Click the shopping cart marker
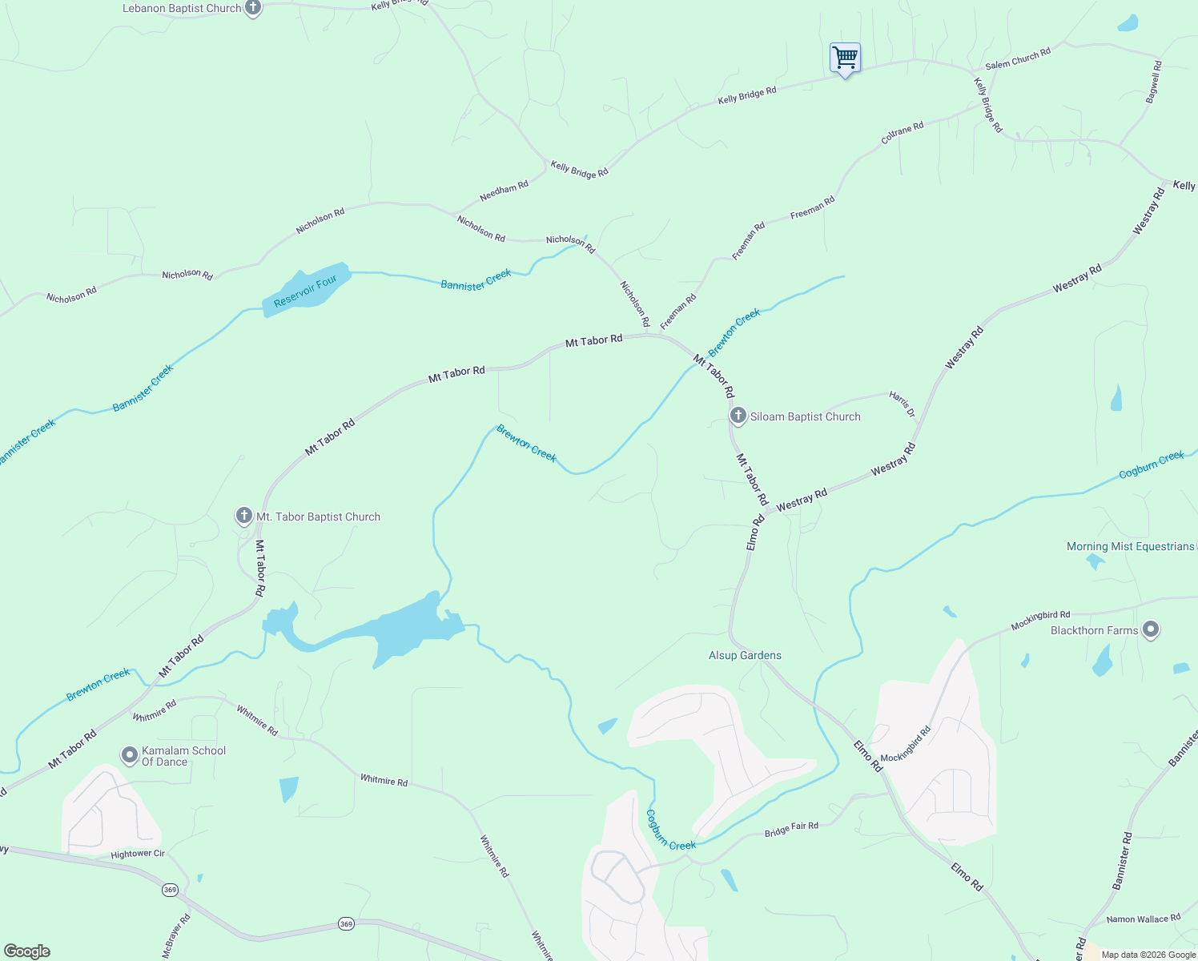tap(845, 58)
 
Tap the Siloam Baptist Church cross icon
tap(738, 416)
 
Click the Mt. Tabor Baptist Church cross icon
tap(244, 516)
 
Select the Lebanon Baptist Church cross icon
tap(253, 8)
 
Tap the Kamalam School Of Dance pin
tap(130, 755)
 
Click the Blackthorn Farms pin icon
tap(1151, 629)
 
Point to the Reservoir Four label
tap(305, 291)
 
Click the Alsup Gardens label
tap(745, 655)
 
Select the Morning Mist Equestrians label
tap(1130, 546)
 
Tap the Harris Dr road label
tap(902, 404)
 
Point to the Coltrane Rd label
tap(903, 133)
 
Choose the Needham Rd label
tap(504, 191)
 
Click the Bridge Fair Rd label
tap(791, 830)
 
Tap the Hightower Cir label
tap(138, 854)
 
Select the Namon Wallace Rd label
tap(1143, 919)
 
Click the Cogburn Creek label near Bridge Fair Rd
tap(670, 830)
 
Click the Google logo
tap(27, 951)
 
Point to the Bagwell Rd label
tap(1153, 82)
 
